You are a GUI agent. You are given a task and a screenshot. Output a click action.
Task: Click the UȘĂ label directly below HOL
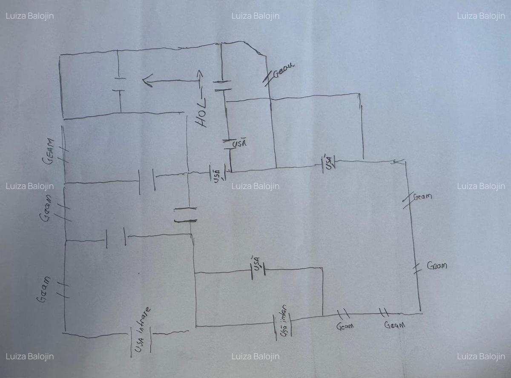tap(239, 143)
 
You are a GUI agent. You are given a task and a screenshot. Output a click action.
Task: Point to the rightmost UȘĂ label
tap(328, 163)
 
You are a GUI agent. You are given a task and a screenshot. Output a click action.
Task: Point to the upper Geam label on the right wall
tap(422, 197)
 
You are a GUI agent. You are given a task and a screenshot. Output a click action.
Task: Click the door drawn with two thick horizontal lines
tap(185, 215)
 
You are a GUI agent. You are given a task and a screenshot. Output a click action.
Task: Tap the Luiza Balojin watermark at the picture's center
tap(255, 186)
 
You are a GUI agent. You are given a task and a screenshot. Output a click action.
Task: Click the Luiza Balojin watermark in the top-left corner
tap(30, 16)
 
